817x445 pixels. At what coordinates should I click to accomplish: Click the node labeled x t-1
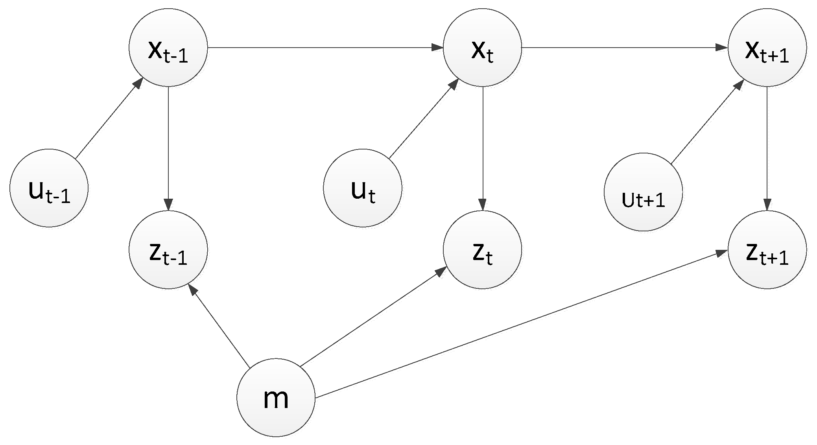point(168,48)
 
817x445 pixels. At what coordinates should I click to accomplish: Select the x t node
point(482,48)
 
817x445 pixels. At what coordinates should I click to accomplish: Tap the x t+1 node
point(767,48)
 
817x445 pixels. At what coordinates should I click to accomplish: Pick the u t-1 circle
point(49,188)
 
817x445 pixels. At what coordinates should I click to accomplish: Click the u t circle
point(362,188)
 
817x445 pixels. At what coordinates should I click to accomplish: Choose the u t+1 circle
point(643,192)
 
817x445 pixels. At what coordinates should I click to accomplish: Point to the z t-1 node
point(168,250)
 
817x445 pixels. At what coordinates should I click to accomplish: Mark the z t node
point(482,250)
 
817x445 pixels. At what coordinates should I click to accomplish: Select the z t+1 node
point(767,250)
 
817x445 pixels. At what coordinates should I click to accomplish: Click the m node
point(276,397)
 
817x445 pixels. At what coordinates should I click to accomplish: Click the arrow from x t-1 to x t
point(325,48)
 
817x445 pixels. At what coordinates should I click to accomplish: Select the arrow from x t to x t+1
point(625,48)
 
